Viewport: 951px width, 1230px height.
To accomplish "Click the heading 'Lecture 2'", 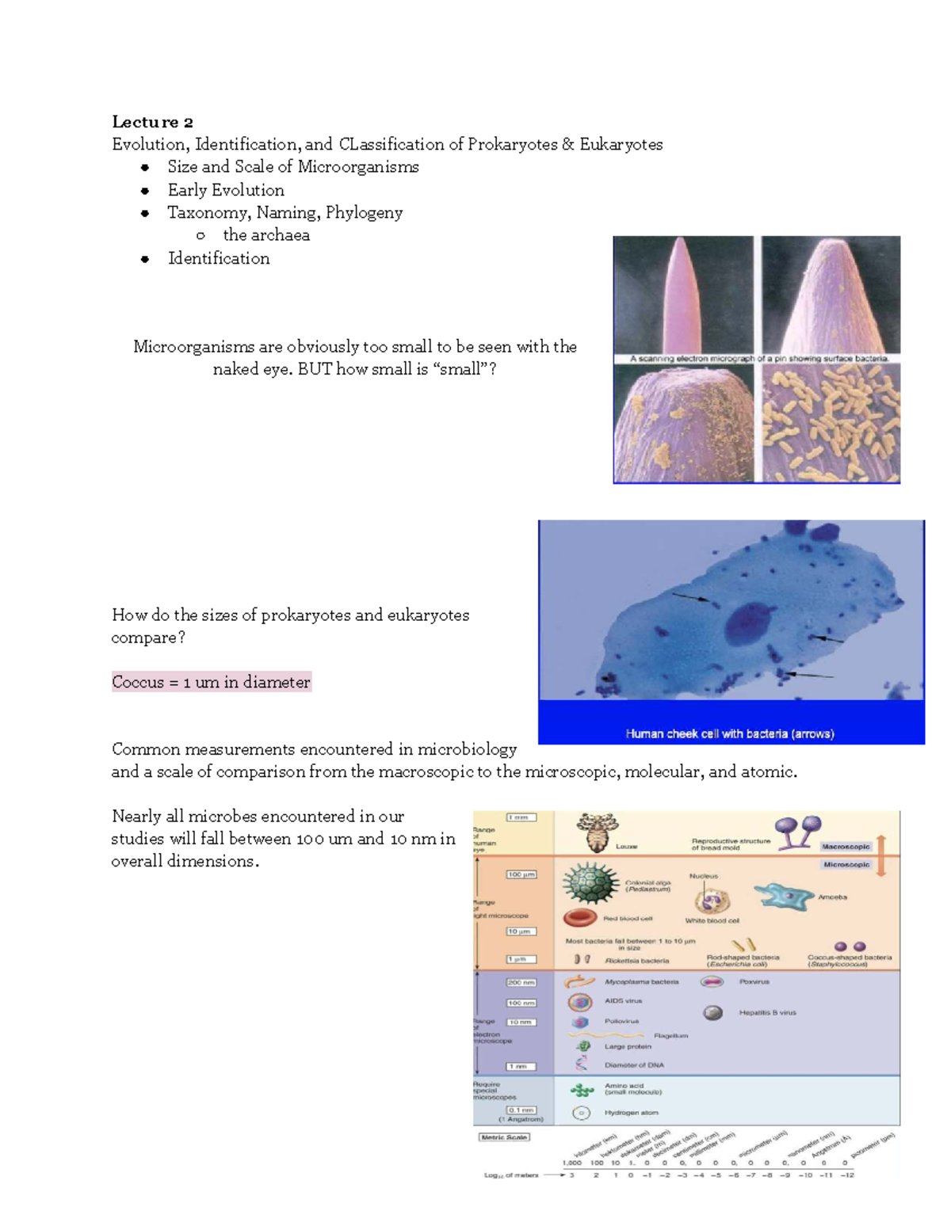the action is pos(152,122).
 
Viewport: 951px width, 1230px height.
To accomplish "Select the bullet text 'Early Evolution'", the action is pos(226,190).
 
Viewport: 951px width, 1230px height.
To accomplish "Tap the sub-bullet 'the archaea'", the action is pos(266,235).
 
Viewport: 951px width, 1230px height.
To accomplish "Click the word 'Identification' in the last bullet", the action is pos(219,258).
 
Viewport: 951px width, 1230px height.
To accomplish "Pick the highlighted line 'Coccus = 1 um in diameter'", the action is pos(211,682).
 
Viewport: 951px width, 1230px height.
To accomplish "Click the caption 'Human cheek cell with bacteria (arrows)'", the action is pos(730,733).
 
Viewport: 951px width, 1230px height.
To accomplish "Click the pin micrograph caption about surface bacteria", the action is pos(758,359).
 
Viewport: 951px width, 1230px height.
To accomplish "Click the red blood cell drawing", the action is pos(580,918).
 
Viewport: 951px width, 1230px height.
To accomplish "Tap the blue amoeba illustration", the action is pos(784,896).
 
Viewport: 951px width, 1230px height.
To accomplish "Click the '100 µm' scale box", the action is pos(521,874).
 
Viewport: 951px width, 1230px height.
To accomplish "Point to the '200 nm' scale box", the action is pos(521,982).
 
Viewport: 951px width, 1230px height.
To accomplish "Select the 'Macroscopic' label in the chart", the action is pos(846,847).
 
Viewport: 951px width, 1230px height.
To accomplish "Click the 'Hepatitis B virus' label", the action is pos(767,1012).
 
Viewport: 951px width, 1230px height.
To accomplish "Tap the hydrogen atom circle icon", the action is pos(582,1113).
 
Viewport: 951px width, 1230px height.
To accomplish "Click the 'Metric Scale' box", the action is pos(504,1137).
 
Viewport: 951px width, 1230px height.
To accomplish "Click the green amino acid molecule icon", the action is pos(582,1091).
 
